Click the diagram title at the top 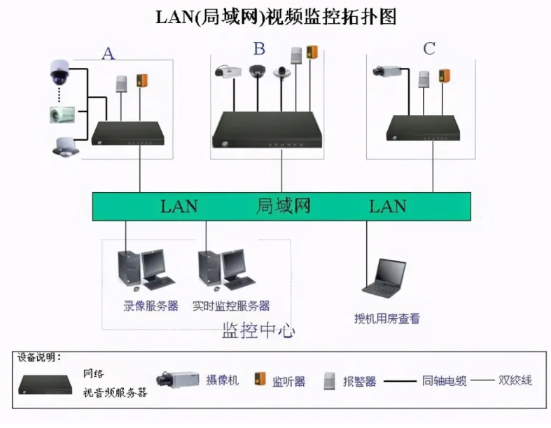[275, 17]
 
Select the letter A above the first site [108, 54]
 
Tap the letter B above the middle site [259, 48]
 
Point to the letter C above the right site [429, 48]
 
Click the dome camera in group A [58, 70]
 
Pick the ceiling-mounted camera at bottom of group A [64, 146]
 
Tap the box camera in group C [386, 71]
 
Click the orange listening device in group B [312, 53]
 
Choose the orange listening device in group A [142, 79]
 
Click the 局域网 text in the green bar [283, 206]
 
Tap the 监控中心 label [258, 330]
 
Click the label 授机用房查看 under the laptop [387, 318]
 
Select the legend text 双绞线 [515, 380]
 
